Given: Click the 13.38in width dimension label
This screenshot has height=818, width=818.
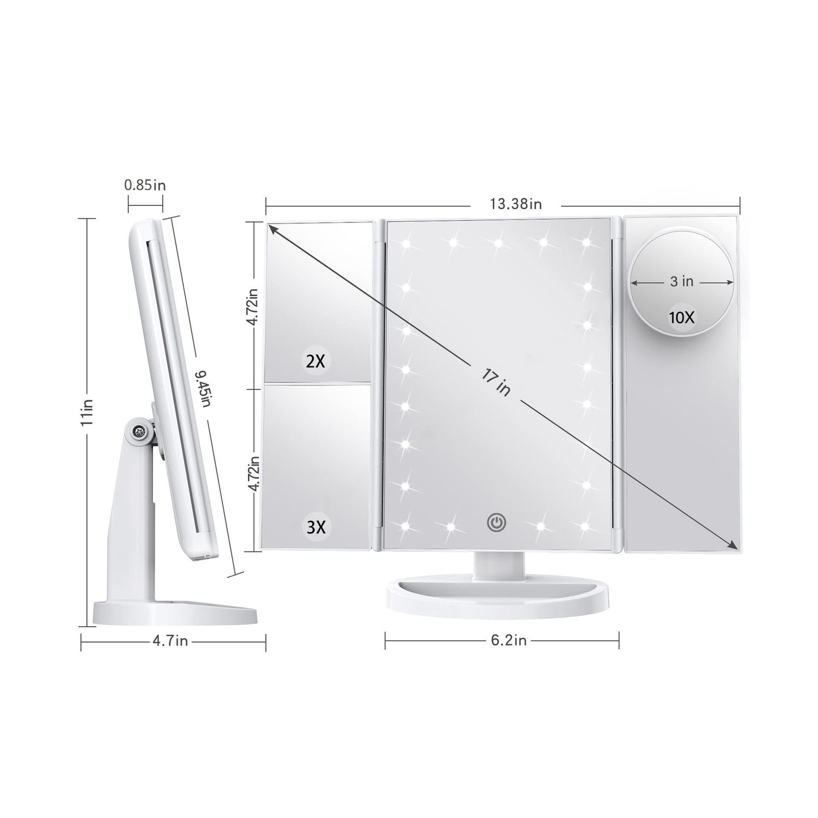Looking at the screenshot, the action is click(516, 204).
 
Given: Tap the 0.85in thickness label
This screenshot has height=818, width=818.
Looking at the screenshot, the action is click(145, 186).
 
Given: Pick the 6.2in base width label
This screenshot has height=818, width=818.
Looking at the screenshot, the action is click(508, 640).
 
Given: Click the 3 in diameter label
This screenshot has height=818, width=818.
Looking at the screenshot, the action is click(682, 281).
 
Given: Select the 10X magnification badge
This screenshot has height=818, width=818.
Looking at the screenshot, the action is click(682, 318).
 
